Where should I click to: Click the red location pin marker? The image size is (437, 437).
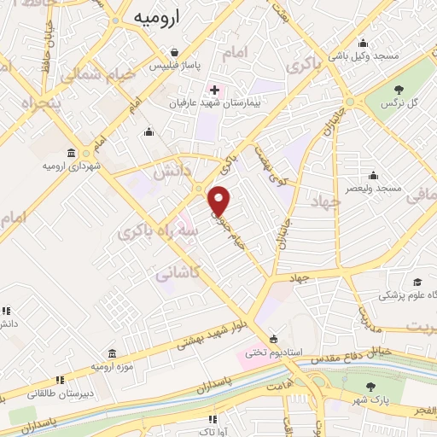220,201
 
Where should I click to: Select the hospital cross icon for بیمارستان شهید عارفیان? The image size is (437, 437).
213,90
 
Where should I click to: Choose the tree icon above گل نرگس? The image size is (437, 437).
399,89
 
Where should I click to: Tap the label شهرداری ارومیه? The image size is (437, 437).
71,164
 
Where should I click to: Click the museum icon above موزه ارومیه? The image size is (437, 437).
113,353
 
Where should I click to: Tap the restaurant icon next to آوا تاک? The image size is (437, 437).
213,419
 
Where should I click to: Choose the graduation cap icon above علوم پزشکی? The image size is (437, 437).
417,283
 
